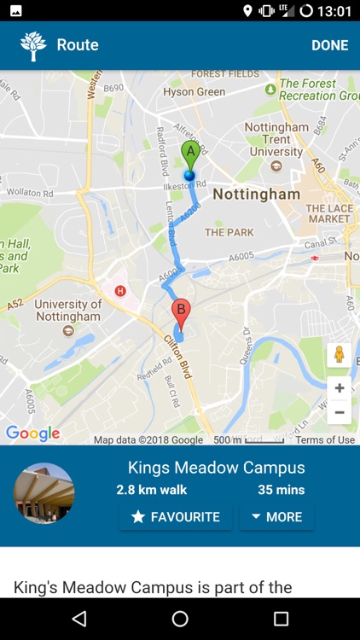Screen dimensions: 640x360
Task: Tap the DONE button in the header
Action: click(329, 45)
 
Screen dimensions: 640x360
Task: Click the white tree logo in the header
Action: click(33, 45)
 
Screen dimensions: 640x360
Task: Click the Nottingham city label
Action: click(256, 194)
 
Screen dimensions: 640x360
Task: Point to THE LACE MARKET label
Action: click(328, 213)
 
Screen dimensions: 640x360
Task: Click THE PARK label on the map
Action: click(229, 232)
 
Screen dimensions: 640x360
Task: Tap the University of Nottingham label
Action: click(67, 310)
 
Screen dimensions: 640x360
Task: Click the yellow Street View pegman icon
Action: click(339, 355)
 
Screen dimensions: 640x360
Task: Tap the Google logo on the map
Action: click(32, 433)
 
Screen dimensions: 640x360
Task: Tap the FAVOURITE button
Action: click(176, 516)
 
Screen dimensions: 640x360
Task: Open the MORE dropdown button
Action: click(276, 516)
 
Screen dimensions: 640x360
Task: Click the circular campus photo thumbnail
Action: click(44, 493)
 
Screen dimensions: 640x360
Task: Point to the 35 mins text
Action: click(281, 490)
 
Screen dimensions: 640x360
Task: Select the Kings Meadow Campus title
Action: click(216, 468)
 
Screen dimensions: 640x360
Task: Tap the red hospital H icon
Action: click(120, 290)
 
